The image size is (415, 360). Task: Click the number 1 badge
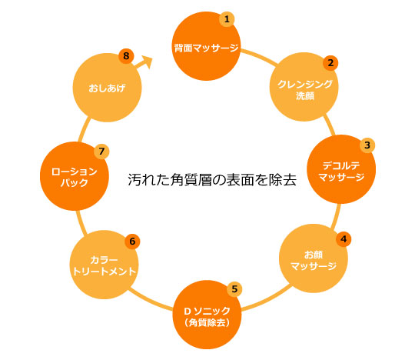[x=227, y=19]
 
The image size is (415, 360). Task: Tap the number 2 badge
[x=330, y=63]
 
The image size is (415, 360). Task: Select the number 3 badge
[x=367, y=145]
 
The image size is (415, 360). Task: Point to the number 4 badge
[x=344, y=239]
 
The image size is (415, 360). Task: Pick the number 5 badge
[x=234, y=289]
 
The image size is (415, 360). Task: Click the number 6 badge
[x=132, y=242]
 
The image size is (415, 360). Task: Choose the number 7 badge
[x=101, y=152]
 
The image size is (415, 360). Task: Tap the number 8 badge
[x=126, y=56]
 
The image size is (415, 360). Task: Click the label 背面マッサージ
[x=206, y=48]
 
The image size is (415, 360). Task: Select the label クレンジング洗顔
[x=305, y=90]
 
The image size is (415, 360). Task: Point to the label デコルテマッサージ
[x=341, y=172]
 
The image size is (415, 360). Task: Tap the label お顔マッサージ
[x=314, y=260]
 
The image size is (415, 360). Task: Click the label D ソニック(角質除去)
[x=207, y=316]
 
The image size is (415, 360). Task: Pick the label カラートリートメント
[x=105, y=265]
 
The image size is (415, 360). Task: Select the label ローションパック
[x=75, y=177]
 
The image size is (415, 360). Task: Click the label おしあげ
[x=107, y=88]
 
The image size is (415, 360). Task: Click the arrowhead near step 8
[x=148, y=62]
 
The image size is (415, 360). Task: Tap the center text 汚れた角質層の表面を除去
[x=212, y=180]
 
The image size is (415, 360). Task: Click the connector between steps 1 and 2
[x=260, y=55]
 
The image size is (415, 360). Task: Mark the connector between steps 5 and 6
[x=150, y=301]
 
